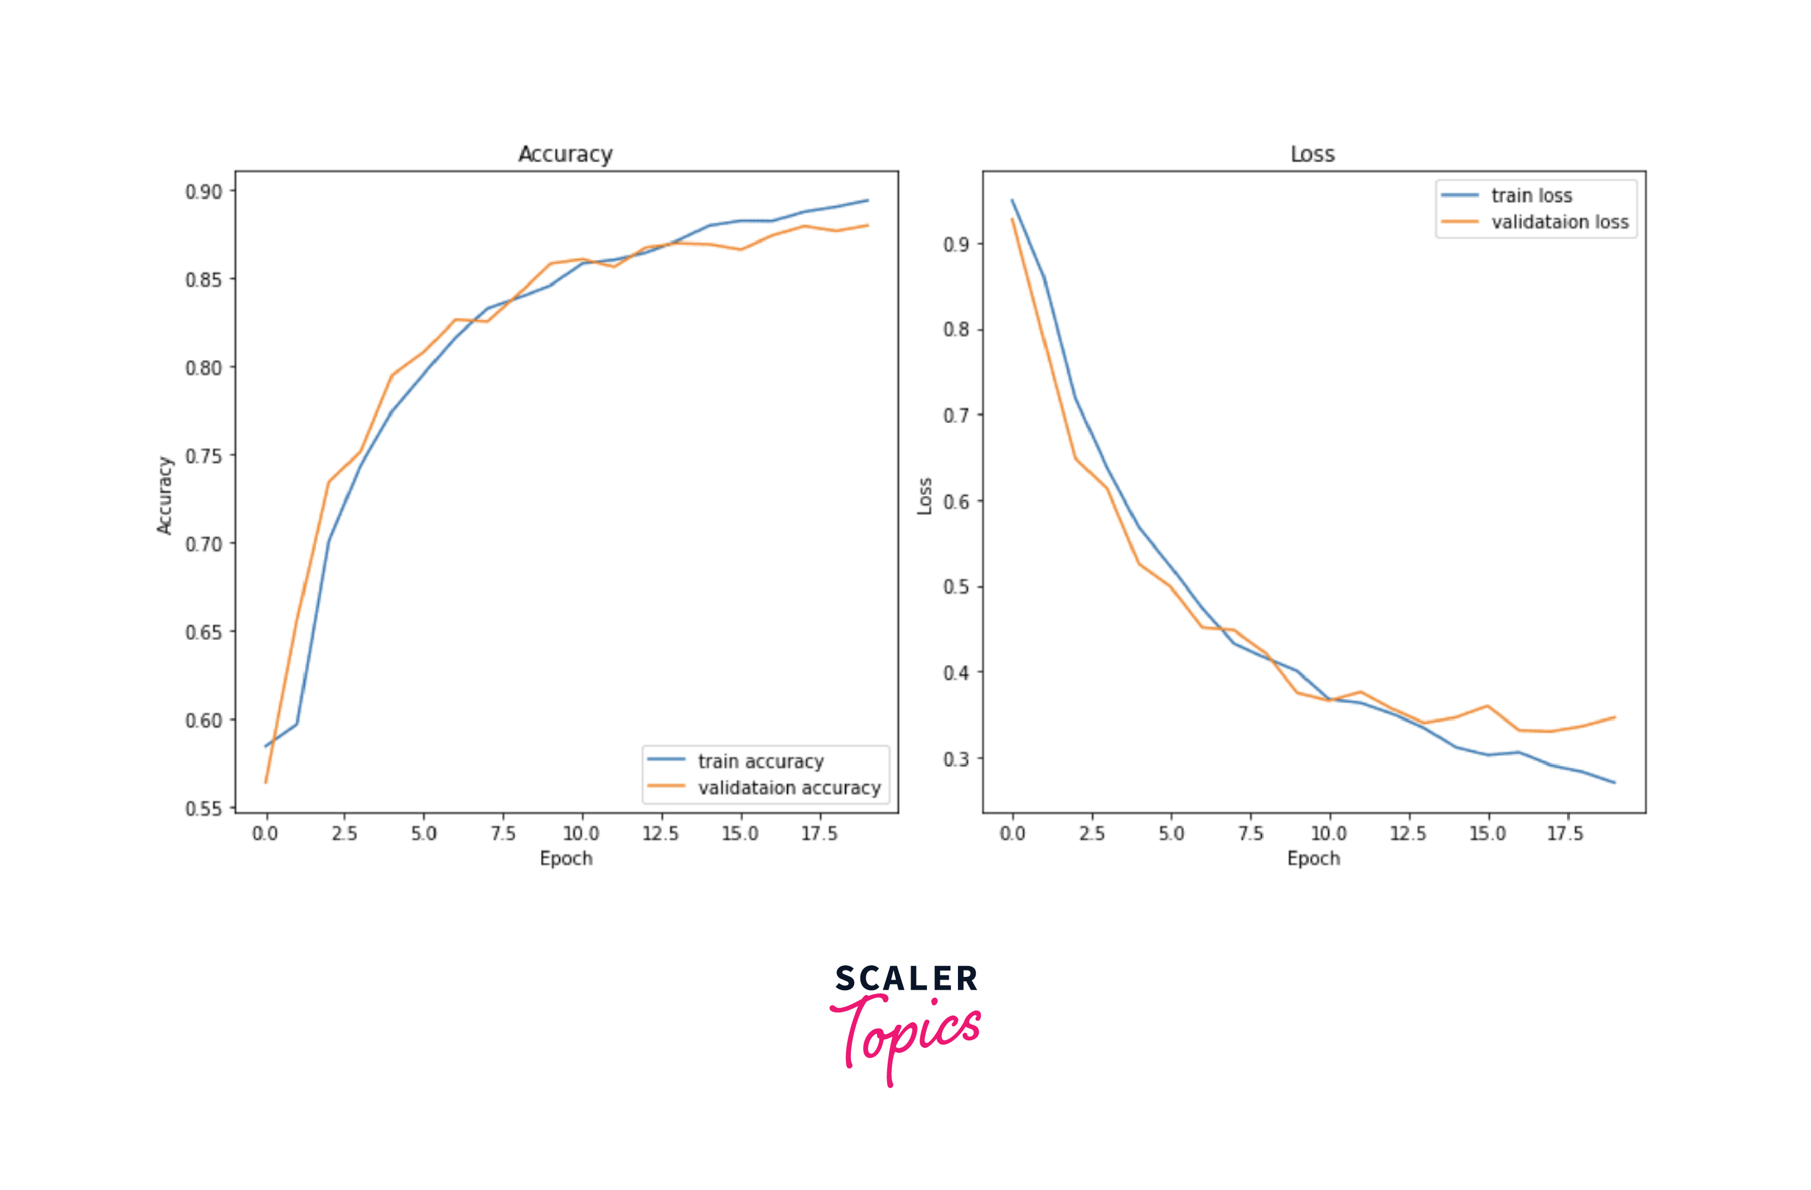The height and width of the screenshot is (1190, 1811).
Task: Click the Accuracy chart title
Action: tap(566, 154)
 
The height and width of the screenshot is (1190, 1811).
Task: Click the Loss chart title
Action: tap(1313, 154)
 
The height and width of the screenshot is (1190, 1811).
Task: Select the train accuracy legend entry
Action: tap(760, 761)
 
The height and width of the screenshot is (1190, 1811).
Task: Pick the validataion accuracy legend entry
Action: tap(789, 787)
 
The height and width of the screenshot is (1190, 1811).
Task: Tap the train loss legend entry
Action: tap(1531, 195)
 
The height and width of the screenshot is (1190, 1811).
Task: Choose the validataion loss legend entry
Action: tap(1559, 222)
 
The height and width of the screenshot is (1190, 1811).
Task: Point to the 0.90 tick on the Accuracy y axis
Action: tap(204, 191)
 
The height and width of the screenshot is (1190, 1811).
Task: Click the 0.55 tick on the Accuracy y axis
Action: tap(204, 809)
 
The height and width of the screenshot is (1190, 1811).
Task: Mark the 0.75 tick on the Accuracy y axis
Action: tap(204, 456)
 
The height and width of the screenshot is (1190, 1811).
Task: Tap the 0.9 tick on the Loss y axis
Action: tap(956, 244)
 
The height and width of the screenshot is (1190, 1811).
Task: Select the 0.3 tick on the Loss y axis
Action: tap(956, 759)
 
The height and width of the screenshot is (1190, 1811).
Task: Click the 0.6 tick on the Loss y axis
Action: tap(956, 502)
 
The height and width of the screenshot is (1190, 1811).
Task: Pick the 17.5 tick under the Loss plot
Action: tap(1565, 834)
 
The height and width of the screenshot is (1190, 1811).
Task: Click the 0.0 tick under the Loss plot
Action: tap(1012, 834)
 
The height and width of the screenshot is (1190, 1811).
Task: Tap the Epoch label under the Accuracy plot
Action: tap(566, 859)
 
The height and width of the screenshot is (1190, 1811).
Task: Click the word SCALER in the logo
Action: tap(905, 979)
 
